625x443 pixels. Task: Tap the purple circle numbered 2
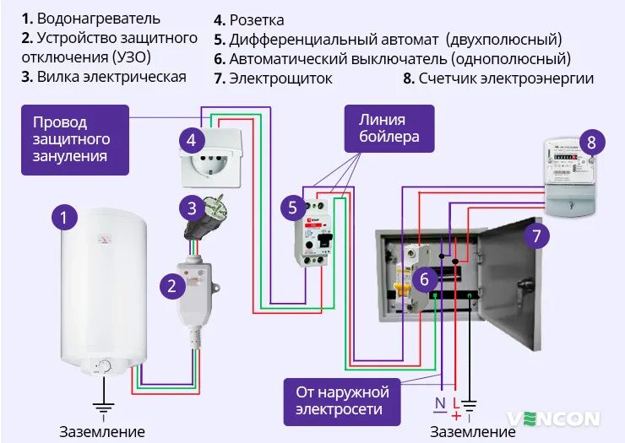tap(172, 285)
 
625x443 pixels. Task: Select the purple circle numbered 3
tap(192, 208)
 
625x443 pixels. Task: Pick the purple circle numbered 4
tap(192, 141)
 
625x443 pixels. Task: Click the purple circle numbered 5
tap(292, 207)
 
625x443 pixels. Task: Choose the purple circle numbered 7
tap(536, 234)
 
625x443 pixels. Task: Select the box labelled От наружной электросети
tap(342, 401)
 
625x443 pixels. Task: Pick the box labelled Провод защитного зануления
tap(74, 139)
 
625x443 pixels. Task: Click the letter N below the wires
tap(439, 403)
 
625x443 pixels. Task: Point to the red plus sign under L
tap(456, 416)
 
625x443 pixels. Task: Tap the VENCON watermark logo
tap(554, 419)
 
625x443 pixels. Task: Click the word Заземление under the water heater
tap(101, 431)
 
